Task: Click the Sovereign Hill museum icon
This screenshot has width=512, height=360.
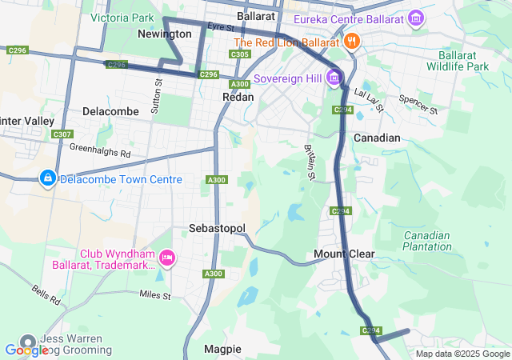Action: pyautogui.click(x=334, y=78)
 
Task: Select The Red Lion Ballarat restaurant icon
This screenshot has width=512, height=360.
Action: pyautogui.click(x=352, y=42)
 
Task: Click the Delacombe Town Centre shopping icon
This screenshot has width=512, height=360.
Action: pyautogui.click(x=47, y=179)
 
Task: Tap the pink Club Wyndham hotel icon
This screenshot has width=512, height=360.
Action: pyautogui.click(x=167, y=258)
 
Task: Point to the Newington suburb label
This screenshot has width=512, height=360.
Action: pyautogui.click(x=164, y=34)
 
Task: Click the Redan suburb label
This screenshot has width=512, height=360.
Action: pyautogui.click(x=238, y=97)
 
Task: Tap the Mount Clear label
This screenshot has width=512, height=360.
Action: pyautogui.click(x=344, y=254)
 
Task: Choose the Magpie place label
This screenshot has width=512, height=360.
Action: pyautogui.click(x=222, y=349)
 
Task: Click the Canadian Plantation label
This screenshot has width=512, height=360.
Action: pyautogui.click(x=427, y=241)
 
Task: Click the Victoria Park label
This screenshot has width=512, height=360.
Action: pyautogui.click(x=122, y=17)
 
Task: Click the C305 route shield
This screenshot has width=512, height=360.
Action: pyautogui.click(x=238, y=54)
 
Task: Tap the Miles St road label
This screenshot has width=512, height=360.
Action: pyautogui.click(x=154, y=295)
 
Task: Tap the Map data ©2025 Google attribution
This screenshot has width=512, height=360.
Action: pyautogui.click(x=462, y=354)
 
